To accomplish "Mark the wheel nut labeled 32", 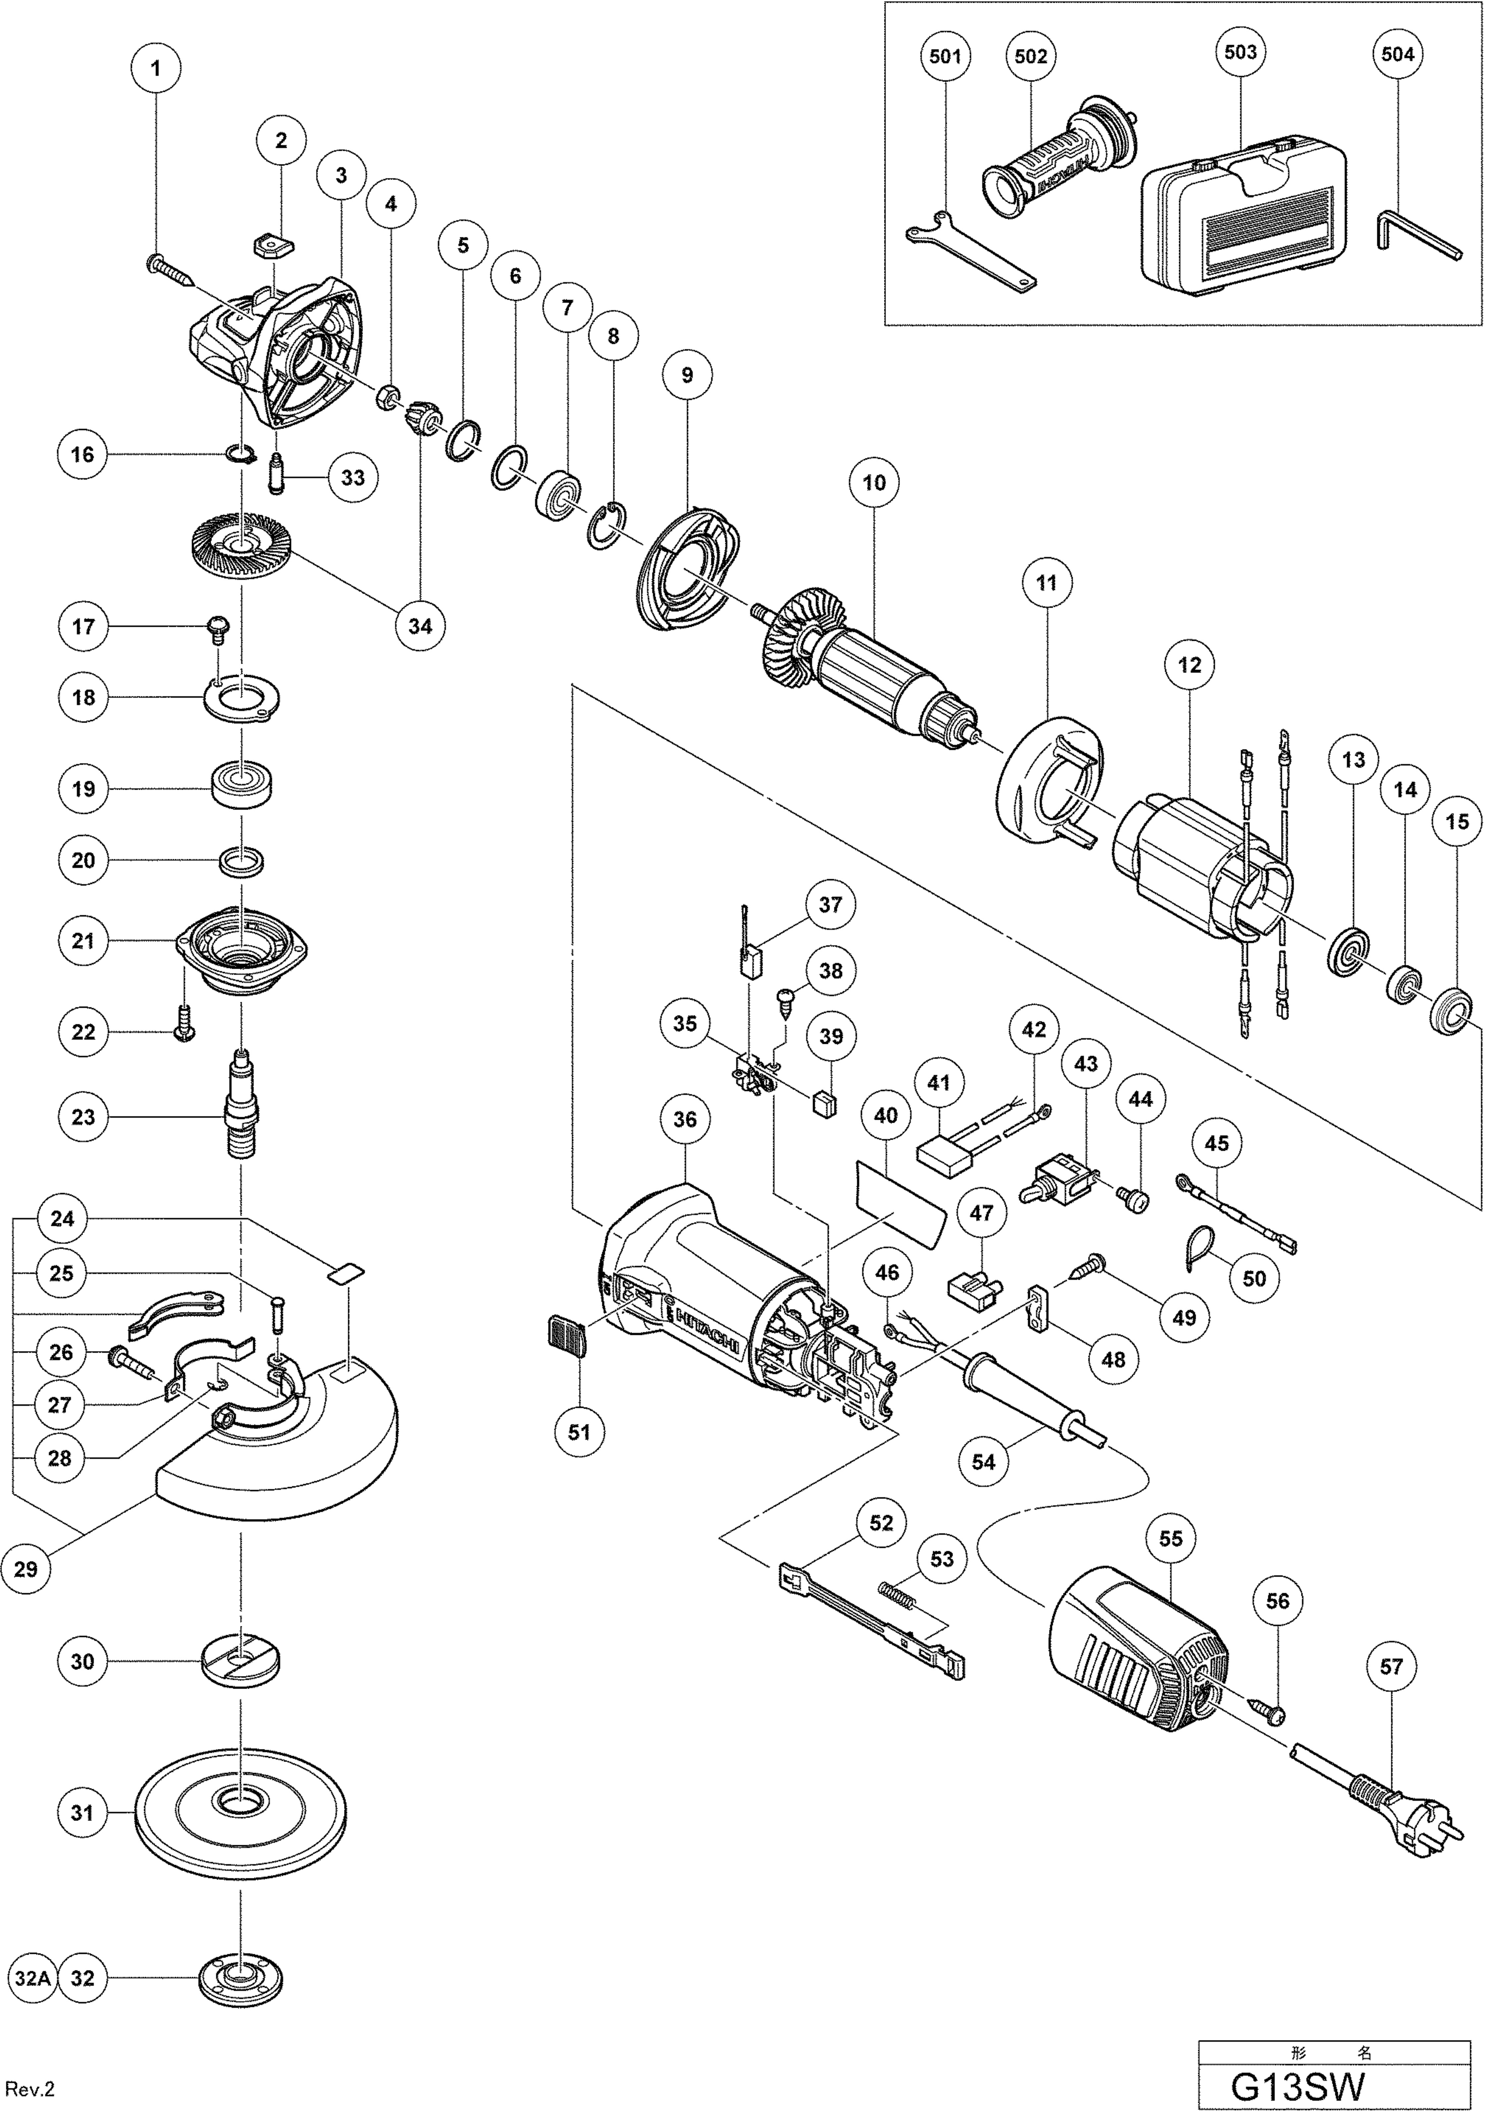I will [x=241, y=1978].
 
